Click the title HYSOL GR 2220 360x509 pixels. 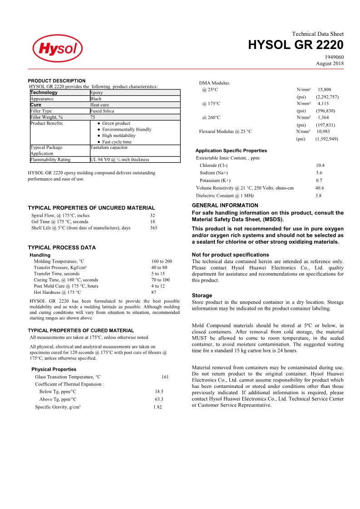[296, 45]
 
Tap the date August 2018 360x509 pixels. [330, 63]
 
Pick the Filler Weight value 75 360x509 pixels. [93, 117]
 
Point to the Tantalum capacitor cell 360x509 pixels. [109, 147]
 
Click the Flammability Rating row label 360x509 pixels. [50, 159]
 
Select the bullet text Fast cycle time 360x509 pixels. [117, 142]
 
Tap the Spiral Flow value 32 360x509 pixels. [153, 215]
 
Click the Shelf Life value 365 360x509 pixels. [153, 228]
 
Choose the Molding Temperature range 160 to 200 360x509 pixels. [162, 261]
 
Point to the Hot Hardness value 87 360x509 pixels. [153, 292]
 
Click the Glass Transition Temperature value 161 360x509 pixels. [165, 377]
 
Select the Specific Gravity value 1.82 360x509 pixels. [158, 407]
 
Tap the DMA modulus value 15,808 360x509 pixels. [324, 90]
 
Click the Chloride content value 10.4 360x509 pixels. [320, 166]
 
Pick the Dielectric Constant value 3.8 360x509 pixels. [318, 196]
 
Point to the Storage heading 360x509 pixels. [202, 295]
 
